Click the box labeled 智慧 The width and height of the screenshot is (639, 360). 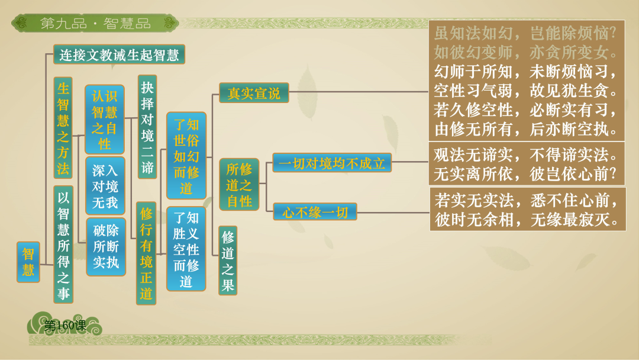tap(28, 262)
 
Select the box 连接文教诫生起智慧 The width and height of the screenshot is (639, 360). tap(119, 55)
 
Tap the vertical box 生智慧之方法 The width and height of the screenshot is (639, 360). tap(63, 128)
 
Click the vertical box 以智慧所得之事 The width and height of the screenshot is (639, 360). tap(63, 245)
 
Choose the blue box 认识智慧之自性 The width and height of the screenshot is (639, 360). tap(105, 120)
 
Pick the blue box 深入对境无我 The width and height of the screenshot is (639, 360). tap(105, 186)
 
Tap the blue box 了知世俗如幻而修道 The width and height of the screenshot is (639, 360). tap(186, 156)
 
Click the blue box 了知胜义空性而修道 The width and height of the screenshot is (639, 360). tap(186, 249)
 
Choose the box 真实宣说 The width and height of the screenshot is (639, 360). tap(254, 93)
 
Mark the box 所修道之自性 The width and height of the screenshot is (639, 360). tap(239, 185)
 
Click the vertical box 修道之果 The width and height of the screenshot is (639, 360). tap(228, 261)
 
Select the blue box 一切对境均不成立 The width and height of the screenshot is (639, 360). tap(332, 163)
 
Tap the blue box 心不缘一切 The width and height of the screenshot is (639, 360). tap(315, 211)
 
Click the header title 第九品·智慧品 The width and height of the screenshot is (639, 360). tap(95, 24)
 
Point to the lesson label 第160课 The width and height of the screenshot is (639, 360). tap(65, 325)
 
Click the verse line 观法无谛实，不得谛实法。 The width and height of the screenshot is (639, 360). tap(526, 156)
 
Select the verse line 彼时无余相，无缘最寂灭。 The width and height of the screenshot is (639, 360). tap(526, 219)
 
